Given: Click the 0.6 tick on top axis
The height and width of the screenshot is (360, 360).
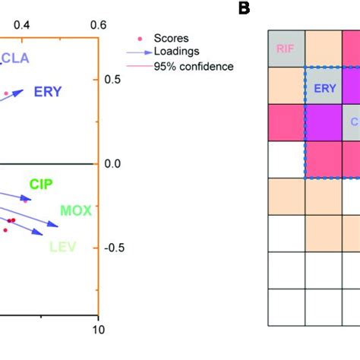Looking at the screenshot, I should coord(97,25).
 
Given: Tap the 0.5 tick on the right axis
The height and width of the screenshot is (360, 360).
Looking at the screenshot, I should coord(113,79).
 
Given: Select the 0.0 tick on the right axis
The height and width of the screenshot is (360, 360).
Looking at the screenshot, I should coord(113,163).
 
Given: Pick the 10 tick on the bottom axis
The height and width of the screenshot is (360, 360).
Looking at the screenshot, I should coord(96,329).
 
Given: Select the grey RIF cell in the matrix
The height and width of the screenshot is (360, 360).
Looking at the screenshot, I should coord(286,49).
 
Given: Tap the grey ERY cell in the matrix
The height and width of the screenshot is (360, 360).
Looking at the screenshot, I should coord(324,87).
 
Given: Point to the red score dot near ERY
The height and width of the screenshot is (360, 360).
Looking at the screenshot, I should coord(6,93).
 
